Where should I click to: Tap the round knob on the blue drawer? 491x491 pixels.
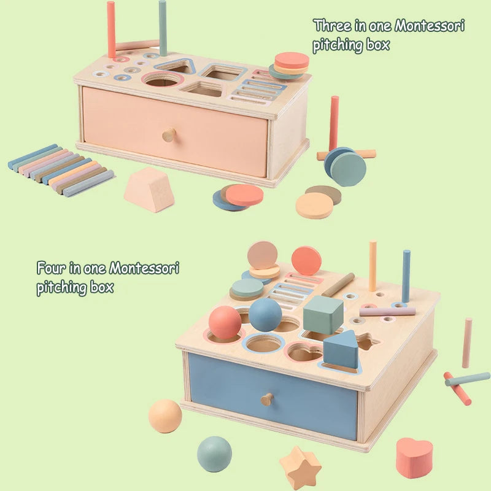267,400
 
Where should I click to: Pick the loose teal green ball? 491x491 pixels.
215,454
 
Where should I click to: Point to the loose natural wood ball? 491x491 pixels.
165,416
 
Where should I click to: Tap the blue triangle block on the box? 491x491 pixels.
341,349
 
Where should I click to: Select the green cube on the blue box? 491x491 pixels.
323,314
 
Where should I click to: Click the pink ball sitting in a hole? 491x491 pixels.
225,322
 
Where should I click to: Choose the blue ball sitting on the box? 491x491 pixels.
265,314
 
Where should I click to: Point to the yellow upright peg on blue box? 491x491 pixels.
373,266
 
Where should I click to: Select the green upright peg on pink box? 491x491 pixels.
163,28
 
